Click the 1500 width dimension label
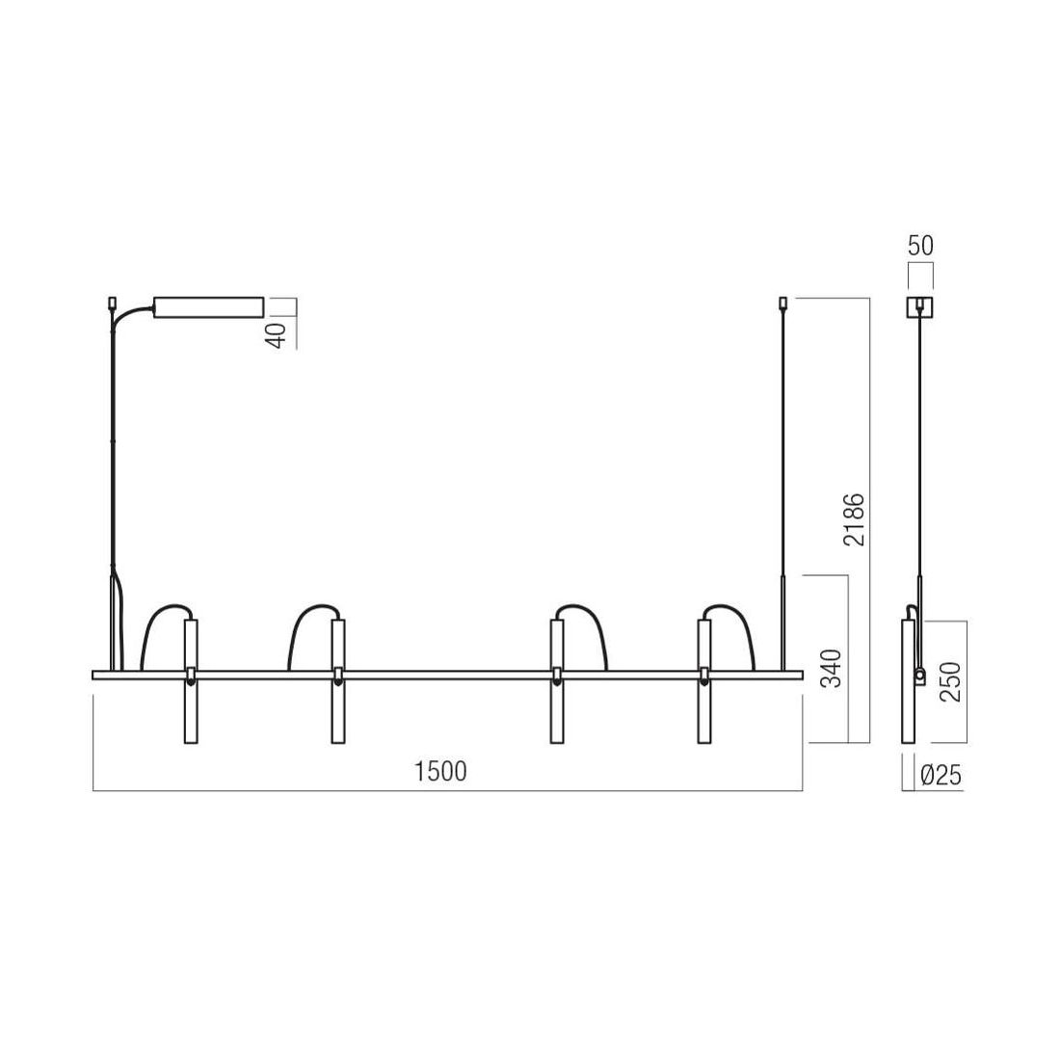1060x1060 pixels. pos(440,771)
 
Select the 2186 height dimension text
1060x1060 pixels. pos(854,519)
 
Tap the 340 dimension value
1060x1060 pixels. pos(833,668)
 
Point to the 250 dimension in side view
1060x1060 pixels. pos(950,681)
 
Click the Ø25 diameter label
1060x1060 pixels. pos(941,776)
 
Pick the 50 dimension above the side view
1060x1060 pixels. pos(920,246)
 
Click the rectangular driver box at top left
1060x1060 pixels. pos(209,306)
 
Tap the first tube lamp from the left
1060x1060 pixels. pos(192,680)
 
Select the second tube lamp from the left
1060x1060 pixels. pos(338,680)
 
